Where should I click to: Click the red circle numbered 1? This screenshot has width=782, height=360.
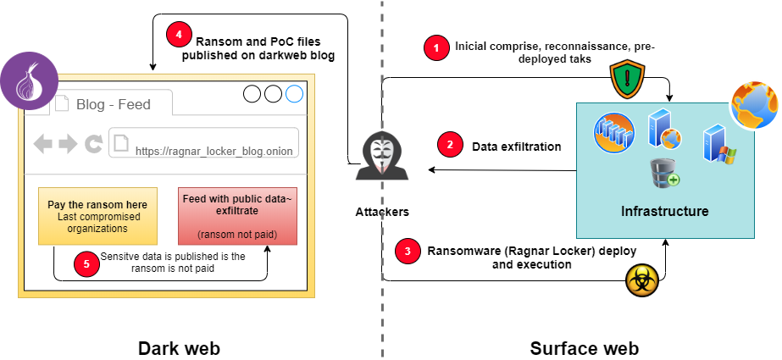click(436, 48)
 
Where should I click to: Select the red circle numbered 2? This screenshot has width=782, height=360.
click(450, 146)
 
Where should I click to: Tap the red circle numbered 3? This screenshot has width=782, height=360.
click(408, 251)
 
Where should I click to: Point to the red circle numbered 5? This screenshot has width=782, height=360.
click(85, 263)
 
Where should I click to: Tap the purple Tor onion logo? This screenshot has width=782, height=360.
click(26, 82)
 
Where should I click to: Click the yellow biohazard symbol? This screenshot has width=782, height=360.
click(641, 281)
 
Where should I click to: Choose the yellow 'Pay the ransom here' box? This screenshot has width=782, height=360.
click(97, 216)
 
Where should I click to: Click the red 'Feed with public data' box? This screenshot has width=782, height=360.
click(237, 216)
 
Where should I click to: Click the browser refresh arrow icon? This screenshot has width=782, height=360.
click(93, 145)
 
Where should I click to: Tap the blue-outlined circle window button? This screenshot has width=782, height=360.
click(294, 94)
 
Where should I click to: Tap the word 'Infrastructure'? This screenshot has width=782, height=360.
click(664, 210)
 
